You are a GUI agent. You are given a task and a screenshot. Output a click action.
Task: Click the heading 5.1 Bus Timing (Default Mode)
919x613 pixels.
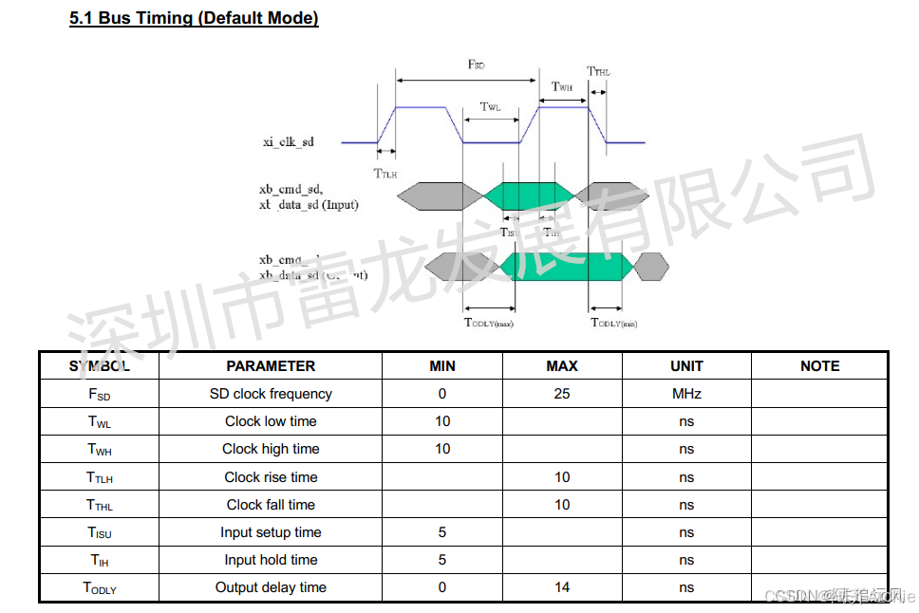[194, 18]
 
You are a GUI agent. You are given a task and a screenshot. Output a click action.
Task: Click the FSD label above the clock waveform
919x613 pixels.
[476, 65]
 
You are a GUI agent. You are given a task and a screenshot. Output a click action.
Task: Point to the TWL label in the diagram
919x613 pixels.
[490, 107]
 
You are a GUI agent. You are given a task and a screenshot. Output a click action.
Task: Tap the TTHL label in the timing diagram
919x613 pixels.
[598, 72]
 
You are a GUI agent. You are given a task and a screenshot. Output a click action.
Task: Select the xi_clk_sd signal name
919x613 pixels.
[288, 142]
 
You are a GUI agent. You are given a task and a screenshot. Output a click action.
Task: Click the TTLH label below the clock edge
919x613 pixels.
[384, 174]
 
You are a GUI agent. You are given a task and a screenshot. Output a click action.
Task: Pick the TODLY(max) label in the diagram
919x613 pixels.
[488, 324]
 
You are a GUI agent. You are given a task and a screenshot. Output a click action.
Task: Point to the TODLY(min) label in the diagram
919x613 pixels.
[614, 324]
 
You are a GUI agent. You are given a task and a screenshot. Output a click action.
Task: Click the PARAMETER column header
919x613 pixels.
[271, 366]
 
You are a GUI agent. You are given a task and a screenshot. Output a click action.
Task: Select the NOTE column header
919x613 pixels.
[819, 366]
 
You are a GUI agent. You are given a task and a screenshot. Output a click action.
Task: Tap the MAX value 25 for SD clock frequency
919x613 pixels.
[562, 394]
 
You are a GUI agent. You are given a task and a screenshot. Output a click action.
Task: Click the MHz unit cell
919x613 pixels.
[686, 394]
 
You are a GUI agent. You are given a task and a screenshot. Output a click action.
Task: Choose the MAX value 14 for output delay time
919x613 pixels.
[562, 587]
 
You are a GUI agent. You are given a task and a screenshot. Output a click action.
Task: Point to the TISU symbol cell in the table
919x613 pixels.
[99, 532]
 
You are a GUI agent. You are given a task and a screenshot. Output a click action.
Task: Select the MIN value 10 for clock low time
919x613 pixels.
[442, 421]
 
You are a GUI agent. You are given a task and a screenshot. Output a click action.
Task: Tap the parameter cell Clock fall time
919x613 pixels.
[271, 505]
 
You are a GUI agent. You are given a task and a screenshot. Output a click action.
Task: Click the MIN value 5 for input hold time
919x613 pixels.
[442, 560]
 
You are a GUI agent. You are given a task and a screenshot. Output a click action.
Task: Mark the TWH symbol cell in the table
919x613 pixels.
[99, 449]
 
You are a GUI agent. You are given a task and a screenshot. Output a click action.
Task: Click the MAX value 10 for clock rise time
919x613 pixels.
[562, 477]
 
